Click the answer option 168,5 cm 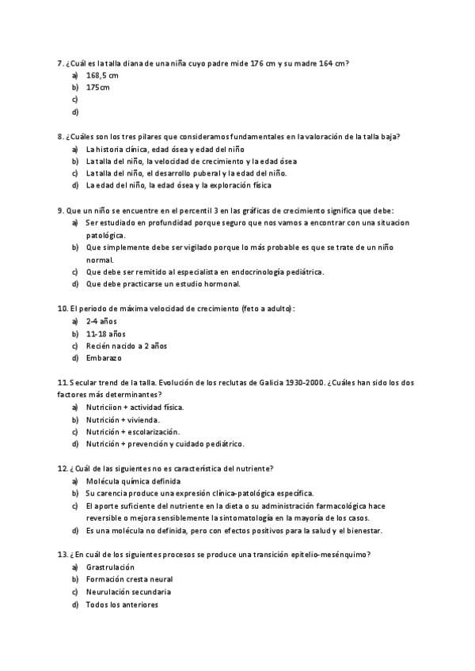[x=102, y=75]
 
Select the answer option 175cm [x=98, y=87]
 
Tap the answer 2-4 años [x=101, y=321]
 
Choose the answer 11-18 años [x=105, y=333]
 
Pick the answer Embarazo [x=104, y=358]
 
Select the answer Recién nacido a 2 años [x=127, y=346]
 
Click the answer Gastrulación [x=110, y=567]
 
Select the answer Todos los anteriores [x=122, y=605]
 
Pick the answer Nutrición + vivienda [x=123, y=419]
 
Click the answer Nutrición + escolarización [x=133, y=431]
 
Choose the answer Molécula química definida [x=133, y=480]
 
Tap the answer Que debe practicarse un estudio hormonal [x=163, y=284]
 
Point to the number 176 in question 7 [x=256, y=63]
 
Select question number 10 [x=63, y=309]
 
